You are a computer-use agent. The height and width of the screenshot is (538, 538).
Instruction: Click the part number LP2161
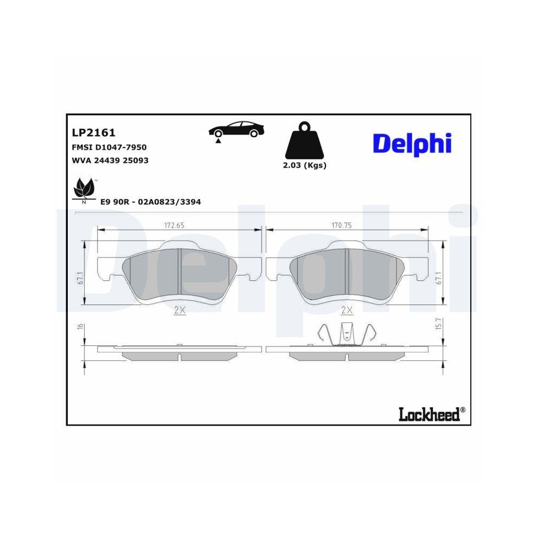94,132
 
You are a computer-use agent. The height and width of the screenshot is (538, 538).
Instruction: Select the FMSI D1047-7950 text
109,147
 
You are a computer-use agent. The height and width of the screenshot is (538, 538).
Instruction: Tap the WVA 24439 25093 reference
110,160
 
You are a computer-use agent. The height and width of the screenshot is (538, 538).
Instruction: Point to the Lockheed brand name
429,414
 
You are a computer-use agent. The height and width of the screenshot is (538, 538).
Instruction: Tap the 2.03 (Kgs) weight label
305,166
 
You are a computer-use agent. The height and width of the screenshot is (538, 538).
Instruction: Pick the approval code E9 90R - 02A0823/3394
151,202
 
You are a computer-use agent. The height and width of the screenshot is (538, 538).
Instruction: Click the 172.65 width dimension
174,225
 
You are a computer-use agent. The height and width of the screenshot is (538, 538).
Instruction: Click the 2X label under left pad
179,310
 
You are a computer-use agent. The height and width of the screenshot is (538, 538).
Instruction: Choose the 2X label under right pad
346,310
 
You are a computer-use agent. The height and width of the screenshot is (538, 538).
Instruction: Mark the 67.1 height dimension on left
79,277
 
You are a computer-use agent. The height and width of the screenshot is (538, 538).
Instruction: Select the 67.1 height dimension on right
438,277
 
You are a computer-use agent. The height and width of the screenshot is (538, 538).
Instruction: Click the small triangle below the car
218,140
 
